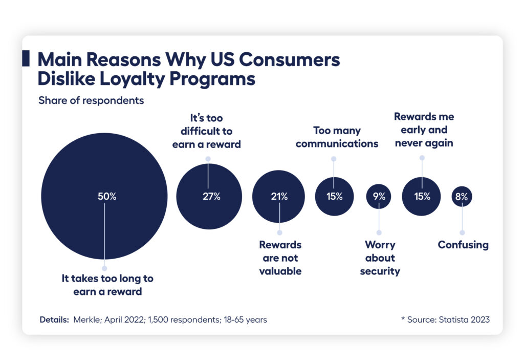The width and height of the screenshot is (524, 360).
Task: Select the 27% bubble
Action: tap(209, 196)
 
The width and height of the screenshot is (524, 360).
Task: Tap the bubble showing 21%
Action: tap(279, 196)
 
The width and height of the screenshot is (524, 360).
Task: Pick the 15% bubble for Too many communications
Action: tap(334, 196)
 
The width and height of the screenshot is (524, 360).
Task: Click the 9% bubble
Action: tap(379, 196)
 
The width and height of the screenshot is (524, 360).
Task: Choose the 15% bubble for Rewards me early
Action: tap(422, 196)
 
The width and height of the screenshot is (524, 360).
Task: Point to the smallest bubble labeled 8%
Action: tap(462, 196)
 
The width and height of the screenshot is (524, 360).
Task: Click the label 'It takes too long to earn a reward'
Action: tap(107, 285)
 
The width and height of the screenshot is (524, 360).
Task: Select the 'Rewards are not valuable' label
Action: tap(280, 258)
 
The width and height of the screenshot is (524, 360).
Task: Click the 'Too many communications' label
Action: tap(337, 137)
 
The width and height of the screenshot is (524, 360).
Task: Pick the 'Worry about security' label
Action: tap(380, 258)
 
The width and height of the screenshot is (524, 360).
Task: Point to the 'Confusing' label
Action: tap(463, 245)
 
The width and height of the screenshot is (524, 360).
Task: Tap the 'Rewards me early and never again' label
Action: tap(424, 130)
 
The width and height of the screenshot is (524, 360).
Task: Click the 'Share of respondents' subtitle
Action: tap(91, 100)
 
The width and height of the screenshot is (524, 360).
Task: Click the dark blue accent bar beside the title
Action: tap(26, 59)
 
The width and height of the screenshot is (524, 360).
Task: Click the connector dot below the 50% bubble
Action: tap(104, 268)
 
